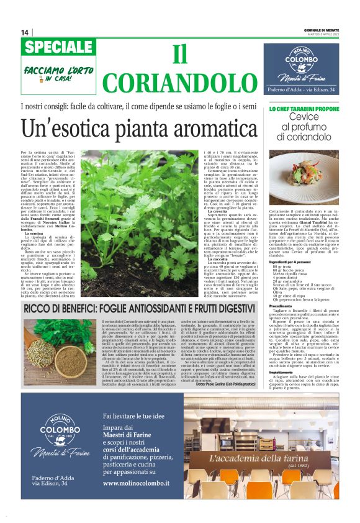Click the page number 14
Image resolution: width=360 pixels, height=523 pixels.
tap(25, 32)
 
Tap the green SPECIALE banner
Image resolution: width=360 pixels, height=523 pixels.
tap(58, 47)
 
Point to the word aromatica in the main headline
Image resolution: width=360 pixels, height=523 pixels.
tap(212, 129)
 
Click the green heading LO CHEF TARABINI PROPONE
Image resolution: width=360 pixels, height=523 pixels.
tap(304, 109)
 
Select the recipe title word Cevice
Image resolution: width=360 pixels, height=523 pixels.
tap(304, 117)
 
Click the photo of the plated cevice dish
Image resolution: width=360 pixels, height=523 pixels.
tap(304, 176)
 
